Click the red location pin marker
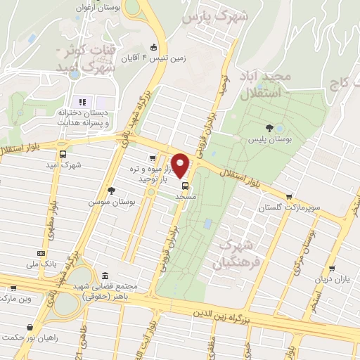(181, 165)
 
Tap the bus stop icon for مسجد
(185, 186)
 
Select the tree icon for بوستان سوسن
(112, 190)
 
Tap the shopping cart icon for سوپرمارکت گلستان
(289, 197)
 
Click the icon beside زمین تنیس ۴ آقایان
(154, 48)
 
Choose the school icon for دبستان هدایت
(82, 102)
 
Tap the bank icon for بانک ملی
(41, 253)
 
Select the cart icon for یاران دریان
(331, 268)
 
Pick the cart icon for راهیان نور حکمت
(30, 327)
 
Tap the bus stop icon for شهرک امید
(63, 154)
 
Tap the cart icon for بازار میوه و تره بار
(153, 157)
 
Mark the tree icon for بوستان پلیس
(270, 127)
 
